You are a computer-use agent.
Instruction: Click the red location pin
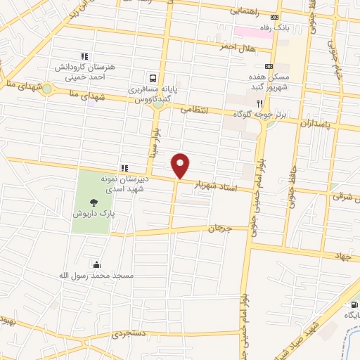181,165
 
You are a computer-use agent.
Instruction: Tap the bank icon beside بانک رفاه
275,18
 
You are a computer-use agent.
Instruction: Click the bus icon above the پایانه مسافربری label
153,78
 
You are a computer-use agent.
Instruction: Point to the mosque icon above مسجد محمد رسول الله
96,264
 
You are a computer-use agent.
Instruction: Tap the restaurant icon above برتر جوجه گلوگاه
259,101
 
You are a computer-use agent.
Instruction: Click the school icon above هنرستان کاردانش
84,56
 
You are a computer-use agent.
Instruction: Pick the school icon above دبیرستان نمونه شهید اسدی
124,168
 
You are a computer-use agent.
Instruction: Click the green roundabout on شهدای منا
47,89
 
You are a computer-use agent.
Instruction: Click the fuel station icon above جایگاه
354,304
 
